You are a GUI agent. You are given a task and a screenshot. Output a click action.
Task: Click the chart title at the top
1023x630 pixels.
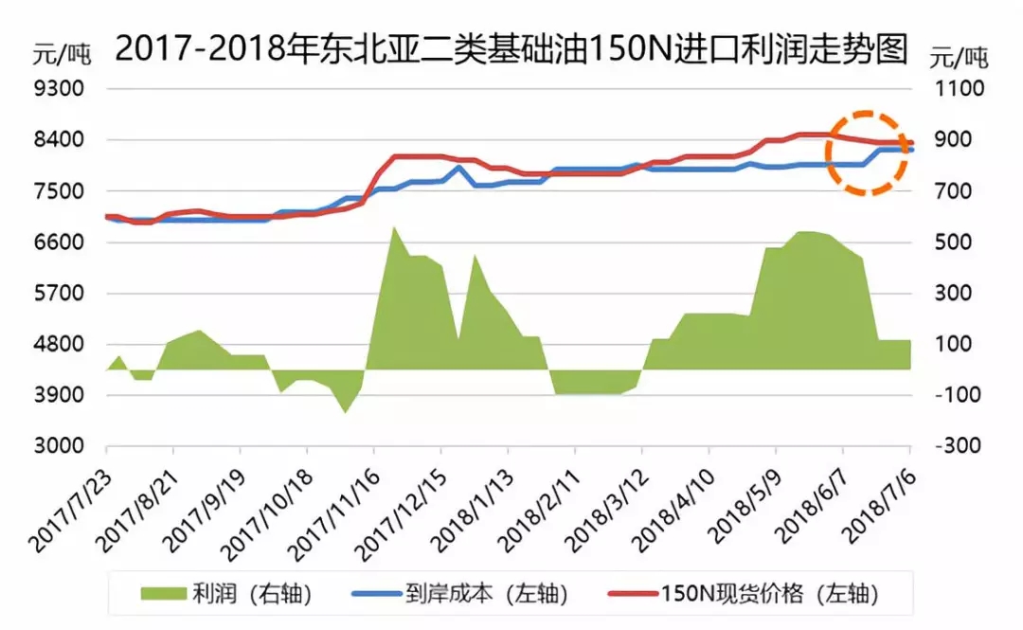(511, 47)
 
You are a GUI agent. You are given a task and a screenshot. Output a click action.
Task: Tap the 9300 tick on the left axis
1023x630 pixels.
(59, 89)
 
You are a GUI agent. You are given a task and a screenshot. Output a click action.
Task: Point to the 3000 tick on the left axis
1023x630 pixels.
(59, 446)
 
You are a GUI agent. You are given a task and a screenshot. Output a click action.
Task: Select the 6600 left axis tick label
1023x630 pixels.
(59, 243)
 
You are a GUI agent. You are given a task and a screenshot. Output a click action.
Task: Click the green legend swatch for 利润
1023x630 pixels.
(166, 594)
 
